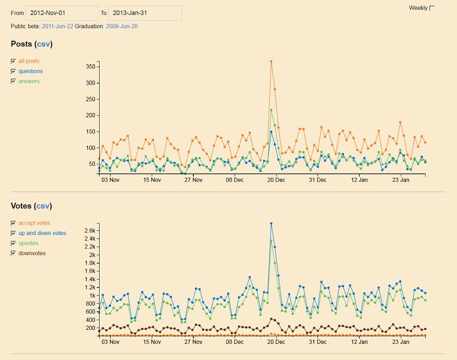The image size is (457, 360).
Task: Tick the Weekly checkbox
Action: click(432, 8)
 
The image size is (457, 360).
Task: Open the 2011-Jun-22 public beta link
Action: click(57, 26)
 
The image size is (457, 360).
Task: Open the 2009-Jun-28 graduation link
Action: click(121, 26)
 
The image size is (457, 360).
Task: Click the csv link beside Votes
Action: click(43, 206)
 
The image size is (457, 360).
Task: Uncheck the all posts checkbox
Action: click(13, 61)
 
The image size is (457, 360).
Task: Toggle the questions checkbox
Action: click(13, 71)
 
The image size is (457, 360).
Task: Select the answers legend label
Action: click(29, 82)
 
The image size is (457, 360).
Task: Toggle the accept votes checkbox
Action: click(13, 223)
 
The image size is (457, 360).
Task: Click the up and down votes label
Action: click(42, 233)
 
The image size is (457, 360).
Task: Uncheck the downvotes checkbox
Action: click(13, 254)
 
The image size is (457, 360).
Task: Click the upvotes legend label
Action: click(28, 244)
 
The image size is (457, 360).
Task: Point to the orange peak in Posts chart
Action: click(271, 61)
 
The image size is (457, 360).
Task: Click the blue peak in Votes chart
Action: click(271, 223)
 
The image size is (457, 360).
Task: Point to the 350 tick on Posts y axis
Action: click(90, 67)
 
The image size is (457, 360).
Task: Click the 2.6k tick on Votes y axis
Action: click(89, 230)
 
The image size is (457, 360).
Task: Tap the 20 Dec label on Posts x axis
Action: click(276, 180)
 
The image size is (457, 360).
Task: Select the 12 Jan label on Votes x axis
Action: click(359, 342)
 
